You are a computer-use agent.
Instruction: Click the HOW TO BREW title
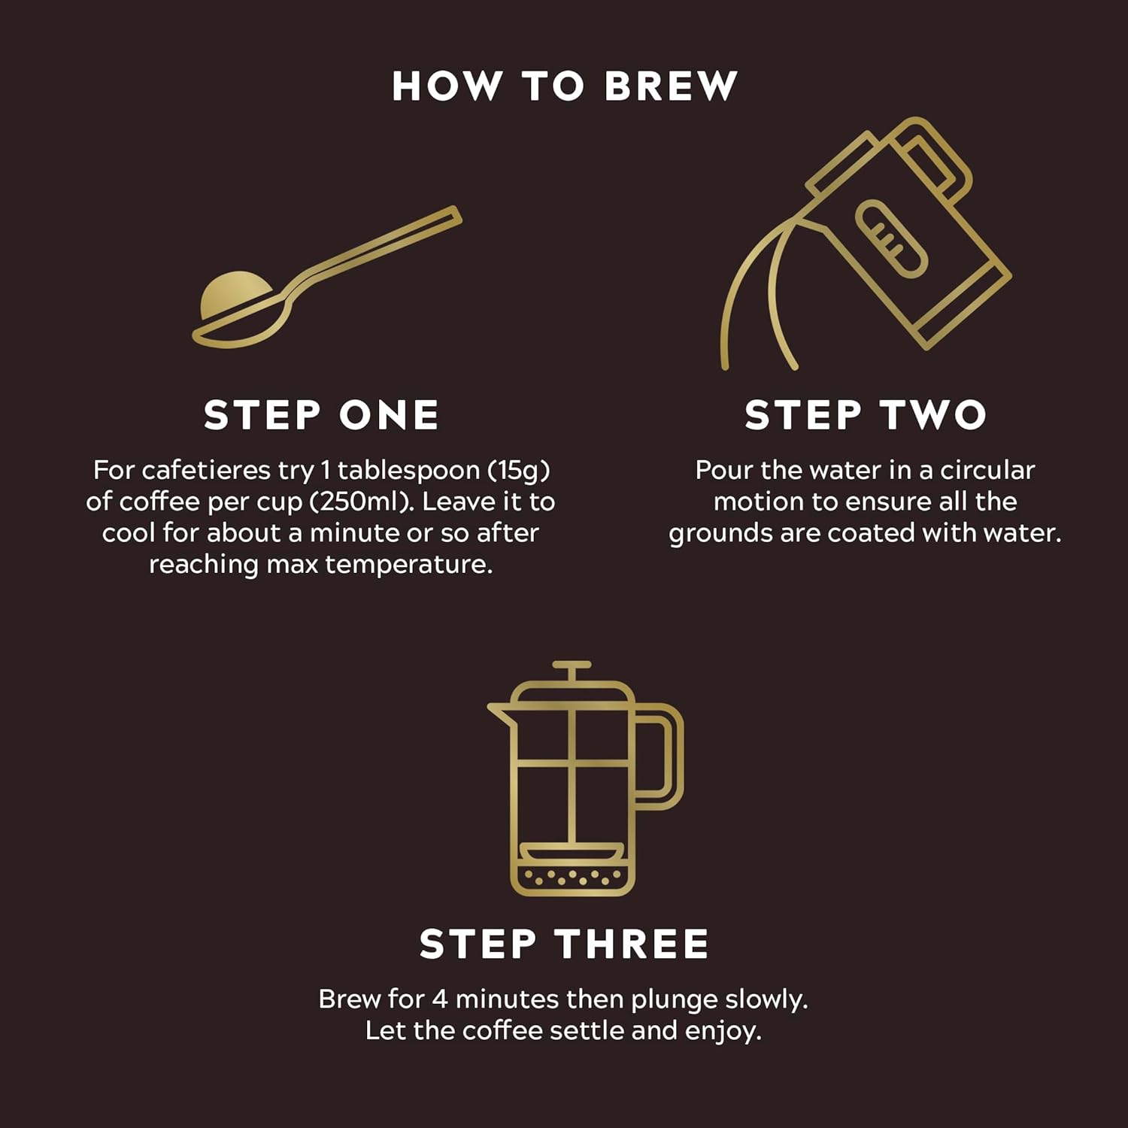(x=564, y=86)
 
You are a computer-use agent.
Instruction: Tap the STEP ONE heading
(x=321, y=415)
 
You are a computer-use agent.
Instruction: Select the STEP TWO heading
(x=865, y=415)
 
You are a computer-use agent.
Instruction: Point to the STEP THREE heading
(x=564, y=944)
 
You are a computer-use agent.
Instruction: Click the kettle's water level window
(x=891, y=239)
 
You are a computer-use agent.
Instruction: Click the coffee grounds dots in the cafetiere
(x=573, y=876)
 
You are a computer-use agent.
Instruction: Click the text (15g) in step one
(x=519, y=471)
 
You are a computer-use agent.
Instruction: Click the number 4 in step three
(x=440, y=999)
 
